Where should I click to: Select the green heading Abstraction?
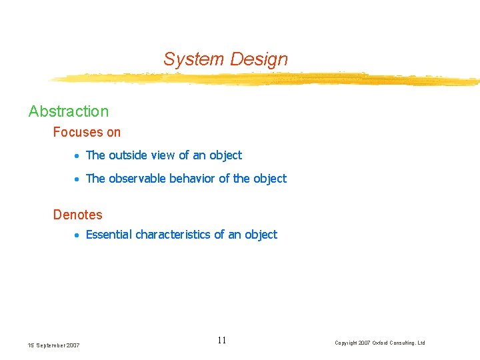click(x=68, y=111)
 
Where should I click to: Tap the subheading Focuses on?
click(x=87, y=132)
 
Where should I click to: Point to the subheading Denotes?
click(x=77, y=215)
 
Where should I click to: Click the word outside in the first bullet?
click(x=130, y=155)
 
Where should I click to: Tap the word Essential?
click(x=109, y=235)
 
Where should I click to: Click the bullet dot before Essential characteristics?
click(x=77, y=235)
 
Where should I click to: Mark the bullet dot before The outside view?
click(x=77, y=156)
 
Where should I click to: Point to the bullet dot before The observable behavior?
click(x=77, y=179)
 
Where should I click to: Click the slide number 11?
click(x=222, y=341)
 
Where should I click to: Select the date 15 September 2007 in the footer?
click(x=54, y=345)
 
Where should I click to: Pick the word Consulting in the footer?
click(x=403, y=343)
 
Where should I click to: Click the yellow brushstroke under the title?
click(x=267, y=79)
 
